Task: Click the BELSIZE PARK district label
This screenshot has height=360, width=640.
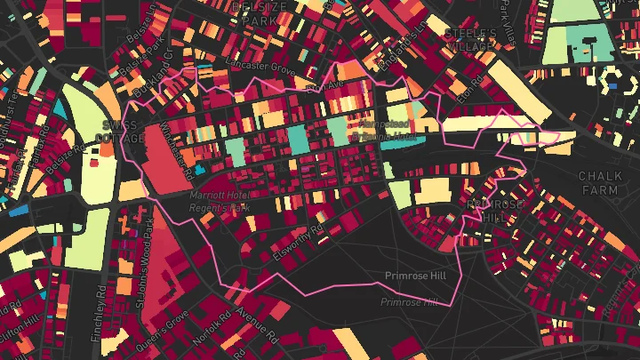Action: coord(260,12)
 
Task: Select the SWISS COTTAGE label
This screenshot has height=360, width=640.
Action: coord(123,132)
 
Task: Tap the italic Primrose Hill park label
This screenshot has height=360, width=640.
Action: coord(409,302)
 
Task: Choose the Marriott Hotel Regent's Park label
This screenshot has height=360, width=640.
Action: coord(219,201)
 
